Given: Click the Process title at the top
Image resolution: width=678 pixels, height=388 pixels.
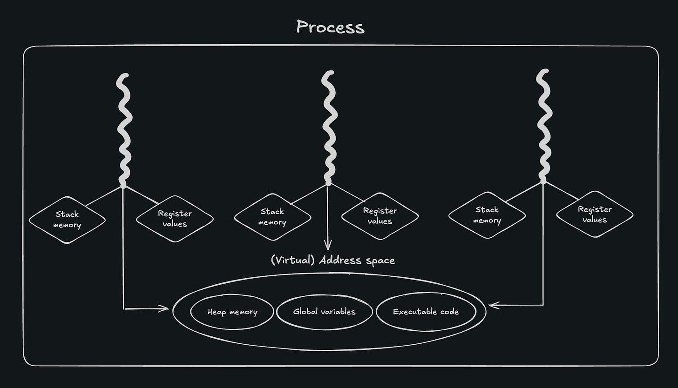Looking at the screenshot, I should [330, 27].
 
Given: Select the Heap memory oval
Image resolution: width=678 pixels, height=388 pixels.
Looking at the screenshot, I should [232, 312].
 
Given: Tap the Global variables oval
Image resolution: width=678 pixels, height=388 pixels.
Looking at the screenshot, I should [324, 312].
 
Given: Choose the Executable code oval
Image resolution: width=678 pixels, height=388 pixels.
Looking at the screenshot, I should [426, 312].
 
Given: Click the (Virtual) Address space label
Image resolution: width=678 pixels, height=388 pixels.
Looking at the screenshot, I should [332, 260].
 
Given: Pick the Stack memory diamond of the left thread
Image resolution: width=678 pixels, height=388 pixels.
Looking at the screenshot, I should [67, 220].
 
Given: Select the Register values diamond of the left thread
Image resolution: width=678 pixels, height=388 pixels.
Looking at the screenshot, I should [175, 219].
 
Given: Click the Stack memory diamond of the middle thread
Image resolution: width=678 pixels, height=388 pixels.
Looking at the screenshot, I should [272, 217].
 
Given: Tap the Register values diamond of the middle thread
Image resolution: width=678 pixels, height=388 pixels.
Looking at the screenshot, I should [380, 216].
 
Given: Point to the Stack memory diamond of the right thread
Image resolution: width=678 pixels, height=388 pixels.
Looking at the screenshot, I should [487, 215].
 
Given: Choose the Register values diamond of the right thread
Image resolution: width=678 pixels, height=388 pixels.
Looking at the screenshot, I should [595, 214].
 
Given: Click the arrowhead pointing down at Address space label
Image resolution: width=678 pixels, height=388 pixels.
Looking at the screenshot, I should [328, 246].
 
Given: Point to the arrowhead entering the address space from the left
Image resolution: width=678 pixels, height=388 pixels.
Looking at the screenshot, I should [165, 308].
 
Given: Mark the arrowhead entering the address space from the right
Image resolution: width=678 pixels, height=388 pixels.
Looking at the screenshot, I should [493, 305].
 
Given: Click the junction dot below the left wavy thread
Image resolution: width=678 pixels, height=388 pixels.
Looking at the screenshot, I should [123, 185].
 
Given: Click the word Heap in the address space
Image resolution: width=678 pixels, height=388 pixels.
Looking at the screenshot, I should [217, 312].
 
